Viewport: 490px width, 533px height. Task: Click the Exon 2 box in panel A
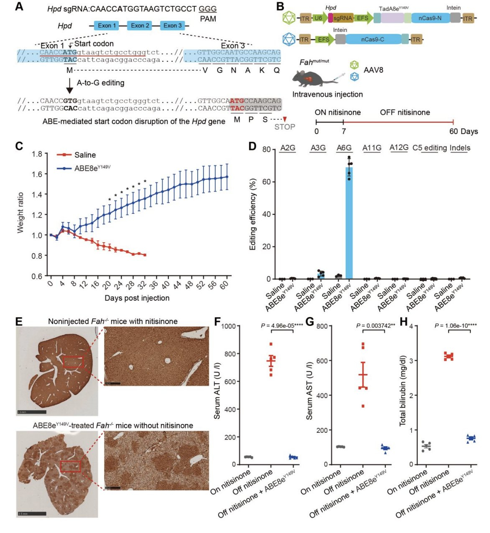[140, 25]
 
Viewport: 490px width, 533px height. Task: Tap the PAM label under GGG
[208, 19]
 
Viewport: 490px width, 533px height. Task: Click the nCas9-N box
[430, 18]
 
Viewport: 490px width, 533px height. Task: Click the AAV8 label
[373, 70]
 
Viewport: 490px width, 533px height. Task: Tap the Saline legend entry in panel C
[85, 155]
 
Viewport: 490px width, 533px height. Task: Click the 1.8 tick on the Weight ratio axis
[37, 154]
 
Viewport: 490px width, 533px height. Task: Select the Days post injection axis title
[137, 298]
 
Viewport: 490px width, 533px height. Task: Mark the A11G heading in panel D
[372, 148]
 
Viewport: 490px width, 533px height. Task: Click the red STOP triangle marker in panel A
[285, 119]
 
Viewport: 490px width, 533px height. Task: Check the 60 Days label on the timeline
[463, 131]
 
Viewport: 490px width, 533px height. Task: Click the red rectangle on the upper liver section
[73, 362]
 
